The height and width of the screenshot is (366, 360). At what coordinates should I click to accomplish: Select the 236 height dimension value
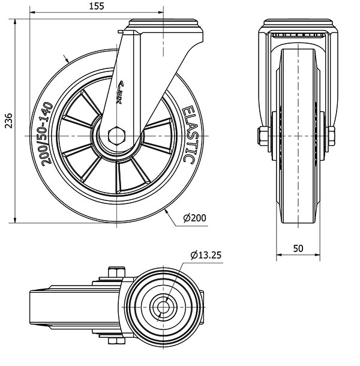7,120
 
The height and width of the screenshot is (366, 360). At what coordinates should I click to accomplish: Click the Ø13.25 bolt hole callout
206,255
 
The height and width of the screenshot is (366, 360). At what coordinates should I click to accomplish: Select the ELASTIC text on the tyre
187,135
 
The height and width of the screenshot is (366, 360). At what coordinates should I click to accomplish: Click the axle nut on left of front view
262,136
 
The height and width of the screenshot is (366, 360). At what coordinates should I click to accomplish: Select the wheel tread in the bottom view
42,308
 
